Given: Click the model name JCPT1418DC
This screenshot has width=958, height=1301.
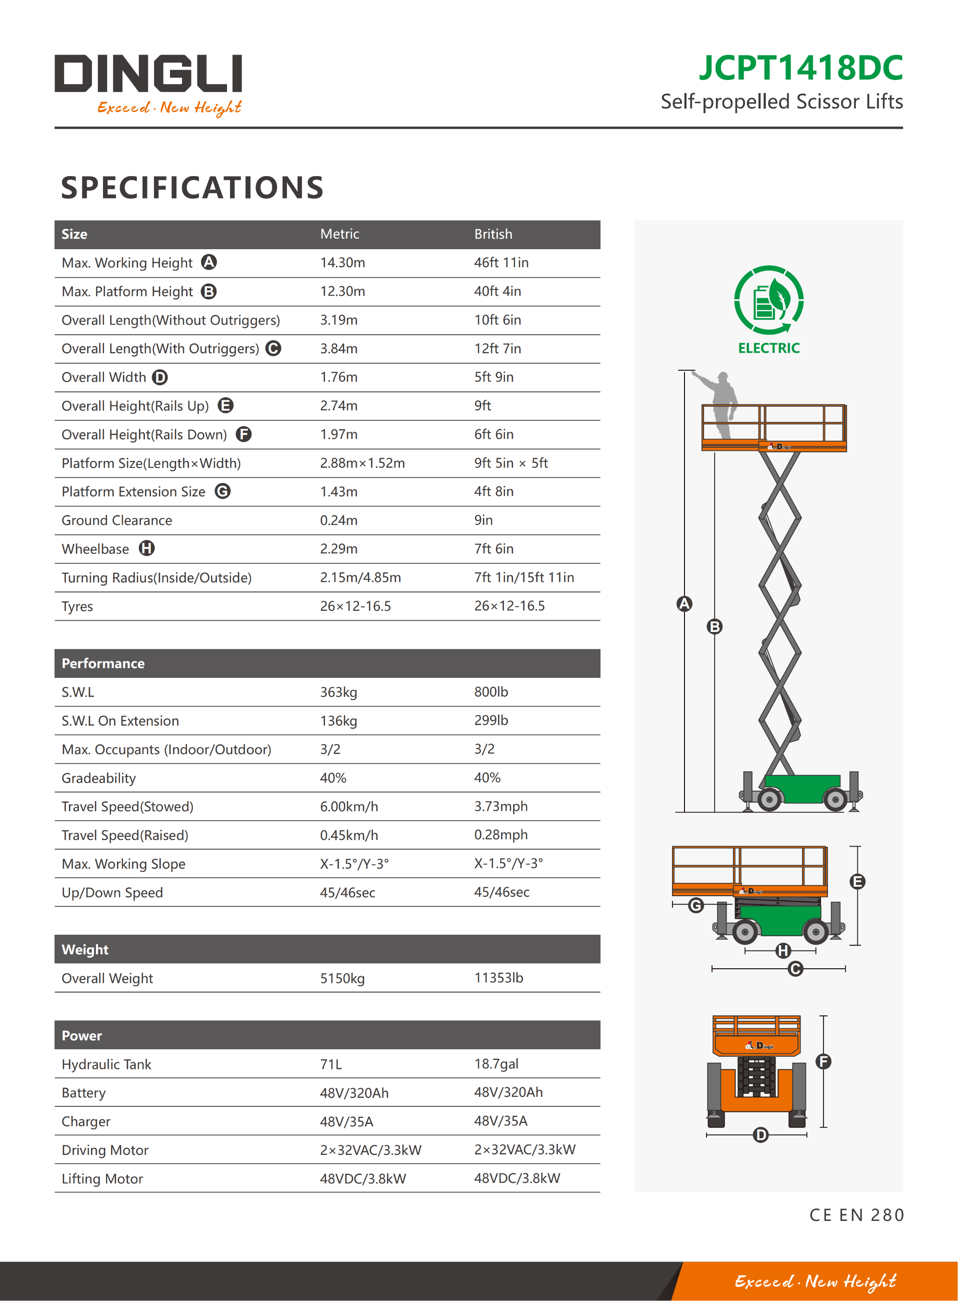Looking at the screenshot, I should (800, 69).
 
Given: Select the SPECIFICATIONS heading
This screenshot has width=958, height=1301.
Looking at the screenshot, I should (192, 188).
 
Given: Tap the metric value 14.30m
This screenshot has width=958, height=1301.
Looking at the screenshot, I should (342, 263).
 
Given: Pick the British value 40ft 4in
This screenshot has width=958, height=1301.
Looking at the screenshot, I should (497, 291).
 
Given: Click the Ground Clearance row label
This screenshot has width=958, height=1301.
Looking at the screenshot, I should (116, 520).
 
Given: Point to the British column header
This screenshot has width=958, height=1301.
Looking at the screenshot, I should (493, 235).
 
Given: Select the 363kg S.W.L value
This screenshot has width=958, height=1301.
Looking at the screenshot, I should (338, 692).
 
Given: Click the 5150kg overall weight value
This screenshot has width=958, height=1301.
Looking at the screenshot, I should (342, 978).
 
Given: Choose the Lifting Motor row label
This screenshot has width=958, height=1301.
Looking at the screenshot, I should (102, 1178).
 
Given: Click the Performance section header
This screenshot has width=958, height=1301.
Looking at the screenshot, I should (103, 664).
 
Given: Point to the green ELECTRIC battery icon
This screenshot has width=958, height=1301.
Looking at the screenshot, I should (769, 300).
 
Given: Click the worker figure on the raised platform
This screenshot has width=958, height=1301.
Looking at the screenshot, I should (722, 403).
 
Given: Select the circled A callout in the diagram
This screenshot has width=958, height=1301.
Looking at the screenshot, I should (684, 604).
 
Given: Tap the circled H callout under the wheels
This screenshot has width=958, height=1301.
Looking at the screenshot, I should (783, 951).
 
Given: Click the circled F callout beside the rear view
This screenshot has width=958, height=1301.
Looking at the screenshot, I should (823, 1061).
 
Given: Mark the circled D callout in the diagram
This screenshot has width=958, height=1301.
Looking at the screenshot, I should (760, 1134).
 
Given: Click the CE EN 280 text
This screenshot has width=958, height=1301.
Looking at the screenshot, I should (856, 1215).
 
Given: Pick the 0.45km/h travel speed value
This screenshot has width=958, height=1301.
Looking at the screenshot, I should (349, 835).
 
